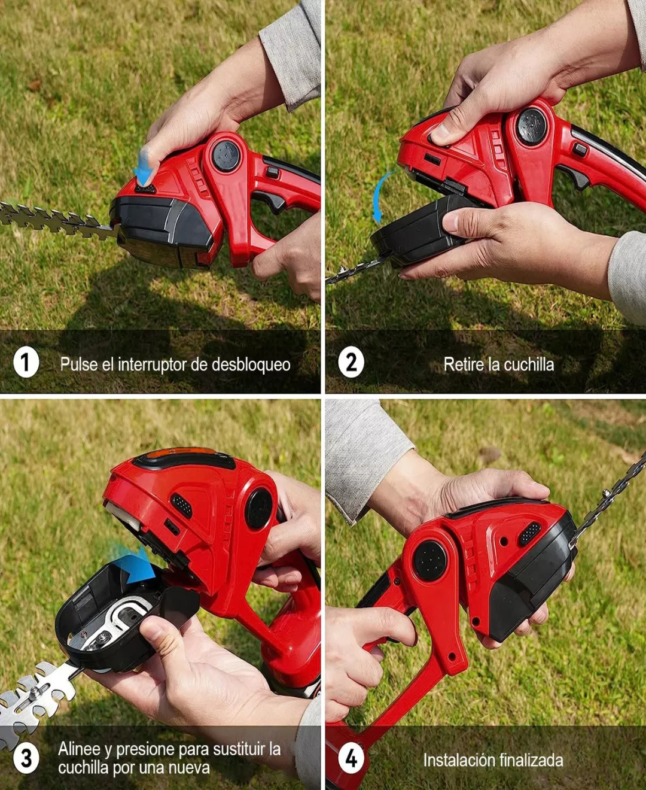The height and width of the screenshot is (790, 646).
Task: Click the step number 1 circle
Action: tap(26, 362)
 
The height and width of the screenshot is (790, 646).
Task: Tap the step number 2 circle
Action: tap(351, 362)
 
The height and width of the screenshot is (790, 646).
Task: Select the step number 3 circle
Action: tap(26, 758)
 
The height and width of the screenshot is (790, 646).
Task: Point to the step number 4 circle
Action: tap(351, 758)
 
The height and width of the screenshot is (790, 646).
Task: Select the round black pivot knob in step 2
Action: tap(531, 126)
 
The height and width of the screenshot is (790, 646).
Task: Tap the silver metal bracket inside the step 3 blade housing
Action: tap(112, 622)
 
